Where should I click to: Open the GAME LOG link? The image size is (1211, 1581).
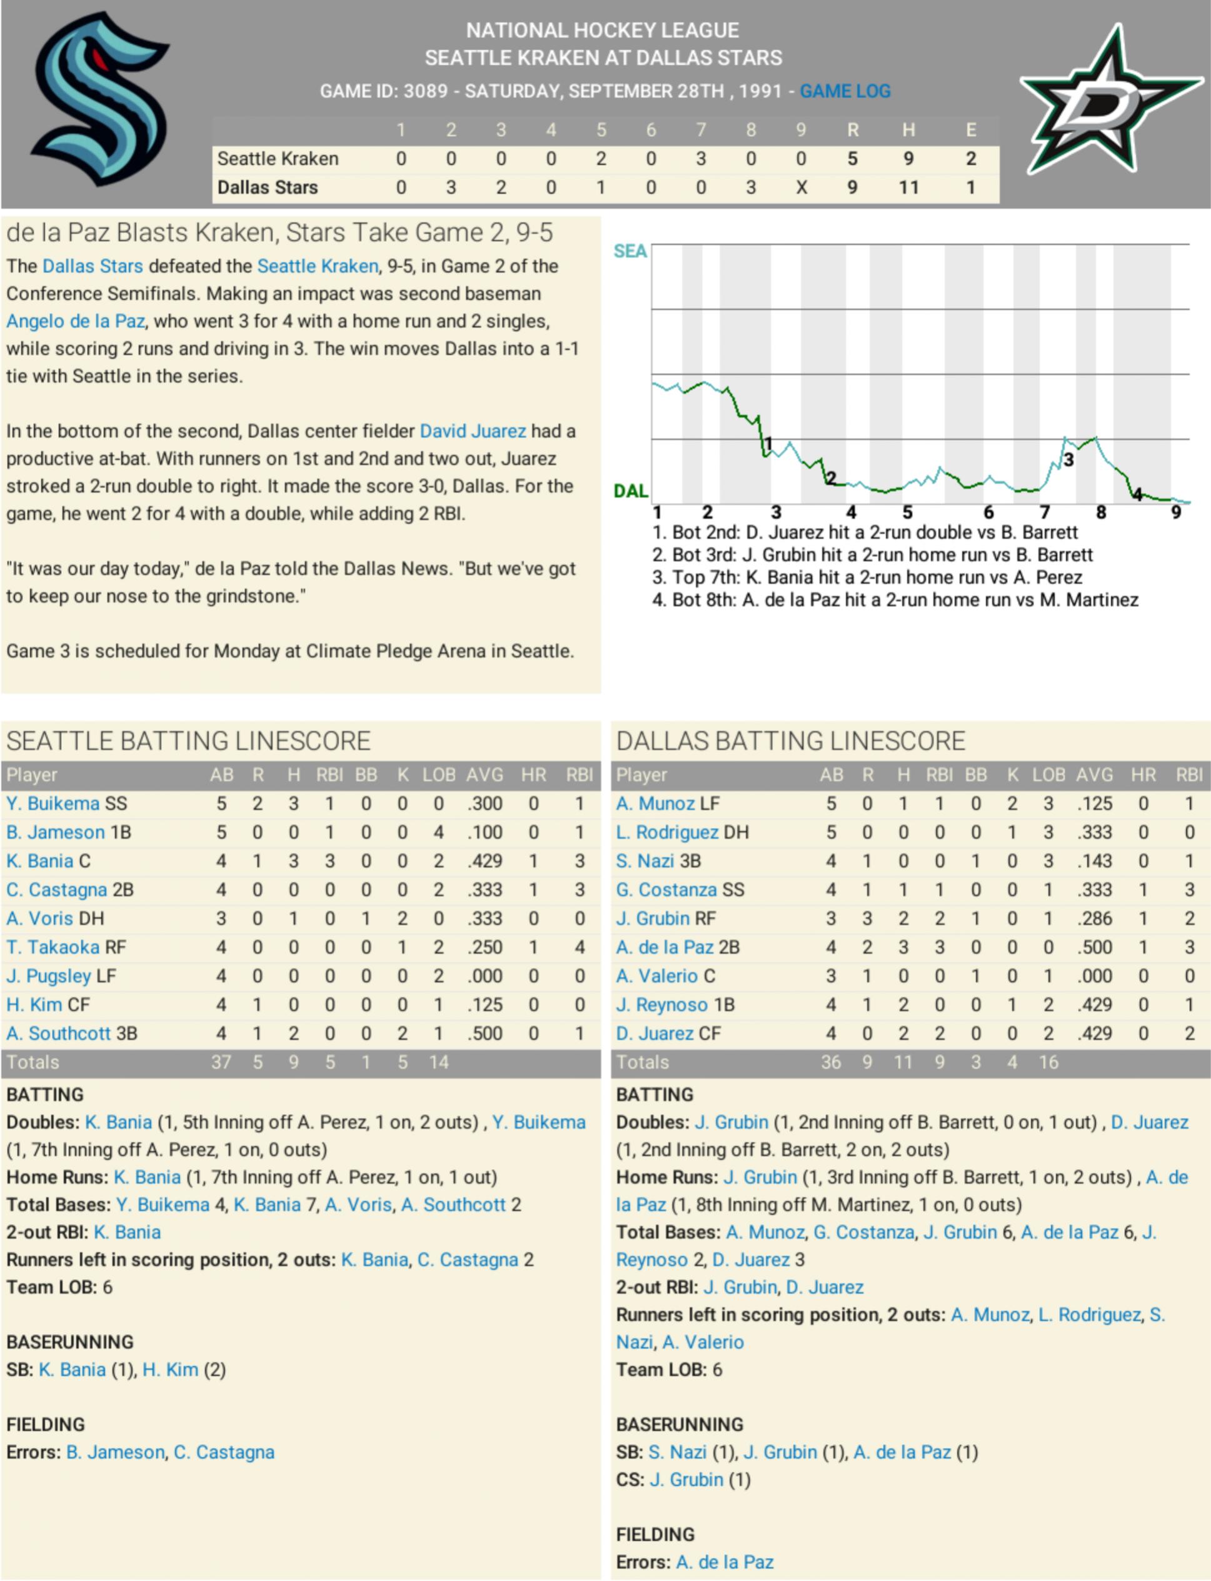(x=845, y=91)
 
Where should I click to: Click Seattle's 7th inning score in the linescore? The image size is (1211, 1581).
(x=701, y=159)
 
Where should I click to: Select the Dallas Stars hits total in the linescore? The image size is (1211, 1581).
(x=908, y=188)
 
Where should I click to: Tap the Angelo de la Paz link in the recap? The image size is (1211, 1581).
(x=76, y=321)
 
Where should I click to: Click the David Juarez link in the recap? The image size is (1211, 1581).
(x=473, y=431)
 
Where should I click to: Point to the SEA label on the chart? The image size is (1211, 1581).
(x=630, y=251)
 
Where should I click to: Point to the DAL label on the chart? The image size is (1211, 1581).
(x=630, y=491)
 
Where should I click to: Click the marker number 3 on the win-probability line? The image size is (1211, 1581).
(x=1068, y=459)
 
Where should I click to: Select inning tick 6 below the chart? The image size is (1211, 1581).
(x=988, y=513)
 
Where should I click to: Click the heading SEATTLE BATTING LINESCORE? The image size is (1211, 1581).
(x=188, y=741)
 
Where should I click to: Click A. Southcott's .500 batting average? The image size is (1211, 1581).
(x=485, y=1033)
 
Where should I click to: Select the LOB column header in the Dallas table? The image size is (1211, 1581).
(x=1048, y=775)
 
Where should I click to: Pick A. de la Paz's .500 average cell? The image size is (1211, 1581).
(x=1094, y=948)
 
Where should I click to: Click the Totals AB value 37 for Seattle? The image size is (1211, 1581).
(x=221, y=1062)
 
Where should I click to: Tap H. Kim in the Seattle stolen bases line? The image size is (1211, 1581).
(x=170, y=1370)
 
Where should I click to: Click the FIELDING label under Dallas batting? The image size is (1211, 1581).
(x=655, y=1535)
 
